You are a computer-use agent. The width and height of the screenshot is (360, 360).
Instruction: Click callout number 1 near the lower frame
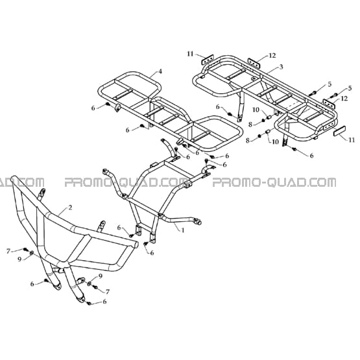click(x=183, y=230)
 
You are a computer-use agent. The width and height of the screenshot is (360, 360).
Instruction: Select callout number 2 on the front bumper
click(x=70, y=208)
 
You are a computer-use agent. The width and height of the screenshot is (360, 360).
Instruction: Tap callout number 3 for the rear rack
click(x=282, y=67)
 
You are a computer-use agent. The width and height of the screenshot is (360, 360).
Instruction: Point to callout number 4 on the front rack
click(x=160, y=71)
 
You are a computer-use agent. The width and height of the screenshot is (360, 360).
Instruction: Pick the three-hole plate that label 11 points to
click(x=208, y=60)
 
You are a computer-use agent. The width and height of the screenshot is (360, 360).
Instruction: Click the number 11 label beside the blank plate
click(x=352, y=139)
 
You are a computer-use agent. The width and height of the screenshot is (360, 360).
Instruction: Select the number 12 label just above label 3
click(x=272, y=55)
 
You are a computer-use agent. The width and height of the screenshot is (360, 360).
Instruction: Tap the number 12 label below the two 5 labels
click(x=344, y=98)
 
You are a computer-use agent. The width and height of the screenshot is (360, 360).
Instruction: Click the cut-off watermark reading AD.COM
click(x=22, y=182)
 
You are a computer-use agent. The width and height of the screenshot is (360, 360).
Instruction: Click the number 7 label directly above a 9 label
click(x=8, y=252)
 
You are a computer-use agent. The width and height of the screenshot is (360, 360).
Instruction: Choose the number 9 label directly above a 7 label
click(x=101, y=276)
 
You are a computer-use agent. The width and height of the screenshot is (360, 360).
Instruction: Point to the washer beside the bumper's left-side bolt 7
click(x=32, y=253)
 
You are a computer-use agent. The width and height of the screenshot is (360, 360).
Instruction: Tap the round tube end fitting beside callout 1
click(x=198, y=222)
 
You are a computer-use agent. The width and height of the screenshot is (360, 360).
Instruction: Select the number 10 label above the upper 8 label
click(x=256, y=110)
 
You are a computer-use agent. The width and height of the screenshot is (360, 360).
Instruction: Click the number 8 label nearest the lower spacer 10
click(x=248, y=140)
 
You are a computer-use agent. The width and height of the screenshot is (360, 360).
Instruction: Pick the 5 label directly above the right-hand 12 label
click(x=350, y=88)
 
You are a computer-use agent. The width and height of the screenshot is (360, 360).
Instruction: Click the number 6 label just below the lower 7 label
click(x=104, y=302)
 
